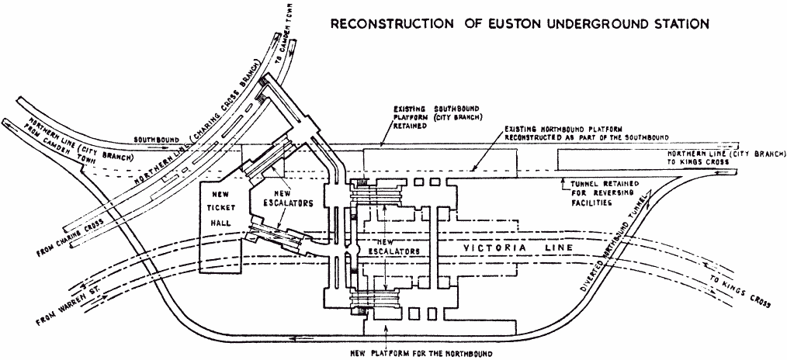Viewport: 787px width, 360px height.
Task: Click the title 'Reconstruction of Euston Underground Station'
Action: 519,22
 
